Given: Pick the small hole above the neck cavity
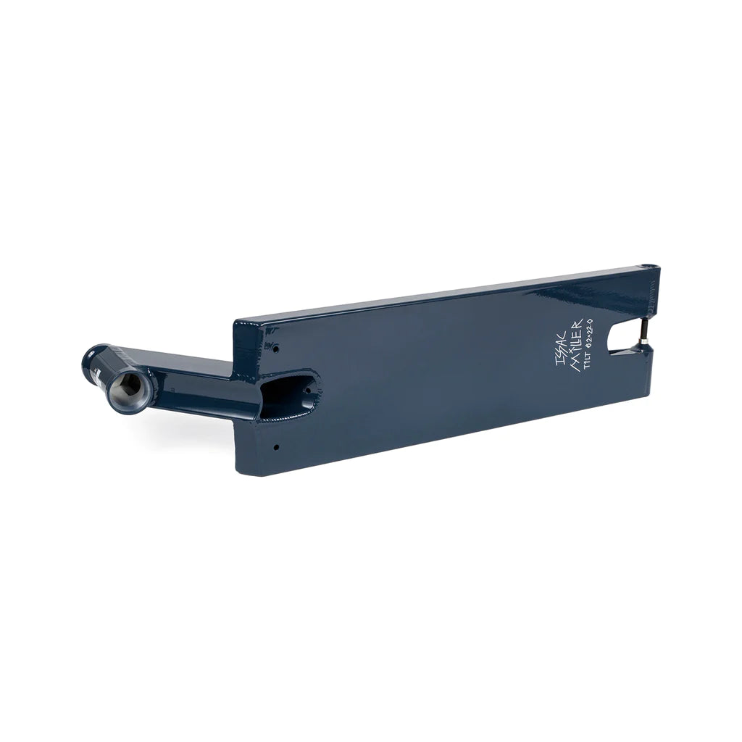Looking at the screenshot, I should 276,349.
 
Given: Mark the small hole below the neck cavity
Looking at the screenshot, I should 276,447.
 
